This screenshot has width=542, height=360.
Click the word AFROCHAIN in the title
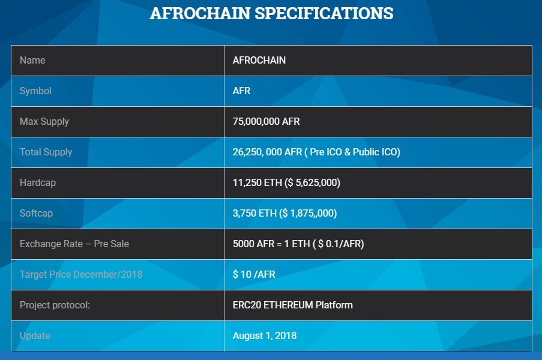(200, 13)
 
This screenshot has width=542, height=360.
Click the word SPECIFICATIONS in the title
(324, 13)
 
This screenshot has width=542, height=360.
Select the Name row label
(32, 60)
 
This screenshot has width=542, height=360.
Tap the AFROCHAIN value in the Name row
(259, 60)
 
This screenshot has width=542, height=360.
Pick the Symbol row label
(35, 91)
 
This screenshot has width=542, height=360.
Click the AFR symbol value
(241, 91)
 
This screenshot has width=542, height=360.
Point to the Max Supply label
(44, 122)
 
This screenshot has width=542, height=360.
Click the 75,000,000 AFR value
(266, 122)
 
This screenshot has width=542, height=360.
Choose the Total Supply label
(46, 152)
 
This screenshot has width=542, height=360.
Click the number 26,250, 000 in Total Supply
(257, 152)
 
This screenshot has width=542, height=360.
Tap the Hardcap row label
(38, 183)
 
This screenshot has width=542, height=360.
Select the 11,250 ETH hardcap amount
(257, 183)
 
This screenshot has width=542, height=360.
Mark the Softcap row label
(36, 214)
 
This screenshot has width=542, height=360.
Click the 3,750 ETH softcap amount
(254, 214)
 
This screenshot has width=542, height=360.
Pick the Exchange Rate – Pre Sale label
(74, 244)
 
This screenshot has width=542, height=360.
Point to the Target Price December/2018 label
(81, 274)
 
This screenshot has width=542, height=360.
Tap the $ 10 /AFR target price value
(254, 274)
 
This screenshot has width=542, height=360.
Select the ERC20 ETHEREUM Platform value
(293, 305)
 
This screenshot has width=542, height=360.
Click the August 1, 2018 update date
(265, 336)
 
